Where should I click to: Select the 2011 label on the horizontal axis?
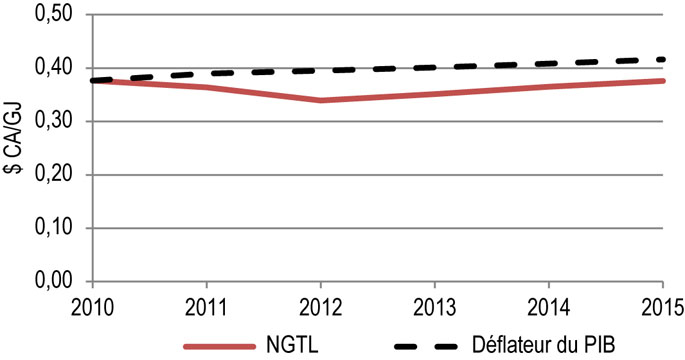point(206,301)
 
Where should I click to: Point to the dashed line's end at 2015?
point(664,59)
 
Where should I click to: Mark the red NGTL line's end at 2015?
point(664,81)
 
